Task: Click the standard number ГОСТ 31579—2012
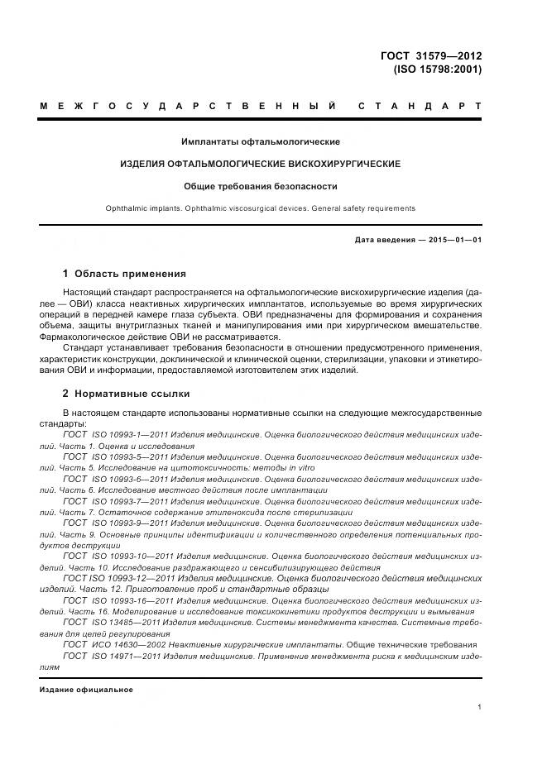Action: [x=430, y=56]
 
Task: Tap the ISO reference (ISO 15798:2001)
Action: [x=437, y=69]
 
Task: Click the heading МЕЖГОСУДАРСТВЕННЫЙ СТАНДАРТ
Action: [x=261, y=107]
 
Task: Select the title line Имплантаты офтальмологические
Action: [x=261, y=142]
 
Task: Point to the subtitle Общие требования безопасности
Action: [x=261, y=186]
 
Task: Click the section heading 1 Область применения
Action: [x=125, y=274]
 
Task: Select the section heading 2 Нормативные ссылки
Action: [x=127, y=394]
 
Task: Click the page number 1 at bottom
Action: [x=479, y=707]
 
